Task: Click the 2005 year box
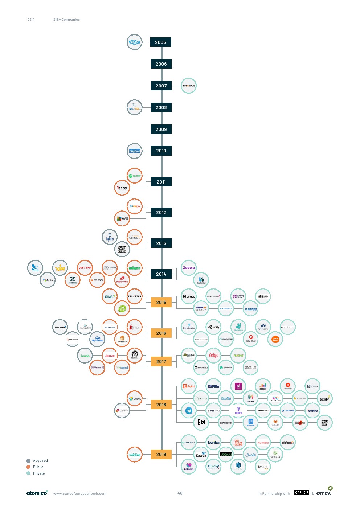160,42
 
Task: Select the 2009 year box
161,129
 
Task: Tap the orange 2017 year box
161,361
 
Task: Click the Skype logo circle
134,42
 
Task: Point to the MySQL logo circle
134,108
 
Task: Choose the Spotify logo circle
134,176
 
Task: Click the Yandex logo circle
122,188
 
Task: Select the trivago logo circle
134,206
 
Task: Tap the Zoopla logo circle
189,268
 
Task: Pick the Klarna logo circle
189,296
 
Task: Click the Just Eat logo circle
85,268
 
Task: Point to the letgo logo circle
213,355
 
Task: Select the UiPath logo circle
189,386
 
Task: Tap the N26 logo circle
201,422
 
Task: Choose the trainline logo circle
134,455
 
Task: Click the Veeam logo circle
226,455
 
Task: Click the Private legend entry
38,473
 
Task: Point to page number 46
180,493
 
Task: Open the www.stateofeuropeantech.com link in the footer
80,494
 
